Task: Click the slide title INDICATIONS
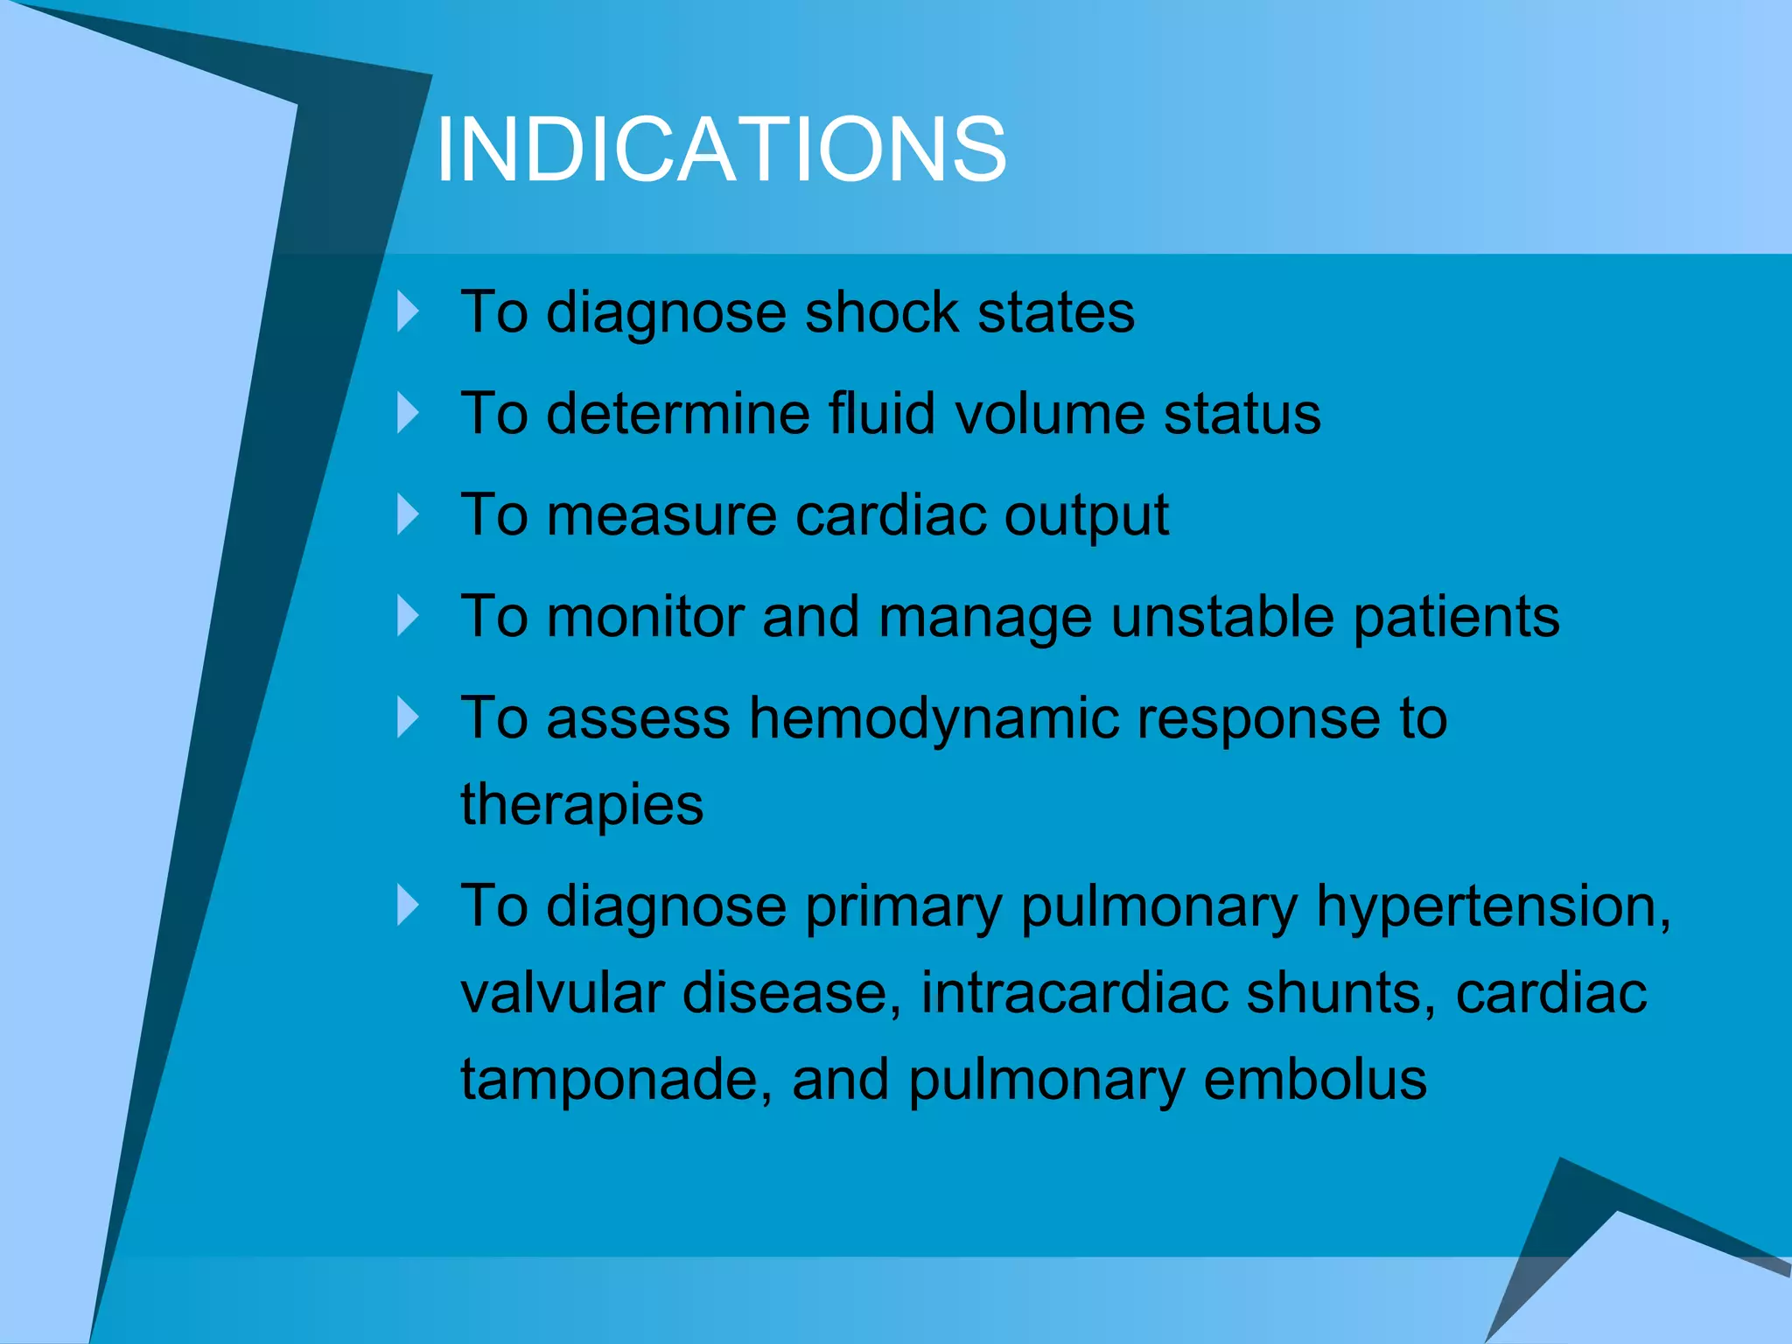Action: pos(721,150)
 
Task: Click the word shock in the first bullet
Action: pos(881,311)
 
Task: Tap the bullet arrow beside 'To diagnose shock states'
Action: pos(408,311)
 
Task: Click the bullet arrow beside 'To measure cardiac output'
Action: pos(408,514)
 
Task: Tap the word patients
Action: pos(1456,618)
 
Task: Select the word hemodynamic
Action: pos(934,719)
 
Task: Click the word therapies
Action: pos(582,805)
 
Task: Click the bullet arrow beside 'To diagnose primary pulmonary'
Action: pos(408,905)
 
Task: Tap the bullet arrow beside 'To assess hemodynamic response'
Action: pos(408,717)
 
